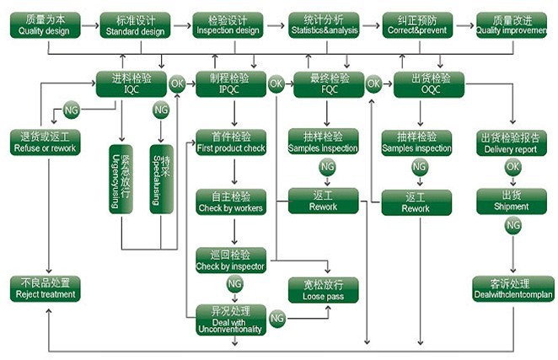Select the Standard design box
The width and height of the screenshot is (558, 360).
[135, 24]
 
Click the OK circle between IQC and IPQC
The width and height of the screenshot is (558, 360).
[178, 83]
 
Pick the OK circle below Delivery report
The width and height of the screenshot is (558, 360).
[512, 167]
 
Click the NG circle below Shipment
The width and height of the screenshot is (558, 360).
[512, 225]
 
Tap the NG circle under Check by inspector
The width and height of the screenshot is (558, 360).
[233, 283]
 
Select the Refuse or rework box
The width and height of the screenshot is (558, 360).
[46, 142]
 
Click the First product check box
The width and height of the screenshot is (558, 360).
[230, 142]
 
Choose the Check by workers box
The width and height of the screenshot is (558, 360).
[230, 201]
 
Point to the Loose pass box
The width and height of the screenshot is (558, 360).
[323, 289]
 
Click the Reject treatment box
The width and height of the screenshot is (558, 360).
[46, 288]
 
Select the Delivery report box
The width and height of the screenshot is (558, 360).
[511, 142]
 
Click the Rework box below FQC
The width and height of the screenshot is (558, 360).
[323, 201]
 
